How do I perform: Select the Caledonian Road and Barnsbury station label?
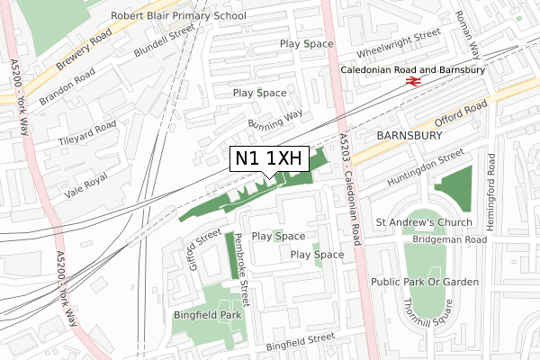point(413,69)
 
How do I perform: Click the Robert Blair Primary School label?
point(178,16)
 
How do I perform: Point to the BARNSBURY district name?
point(410,135)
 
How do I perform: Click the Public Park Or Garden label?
point(425,282)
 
